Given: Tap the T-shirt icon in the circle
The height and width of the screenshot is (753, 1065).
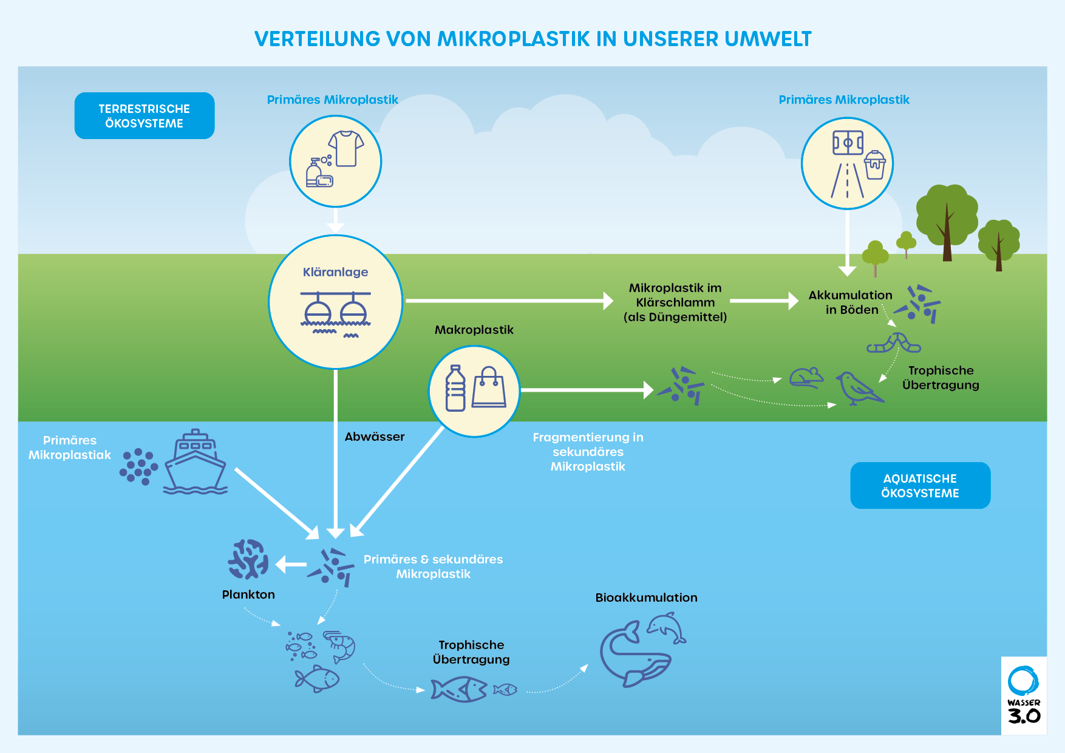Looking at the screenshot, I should coord(345,148).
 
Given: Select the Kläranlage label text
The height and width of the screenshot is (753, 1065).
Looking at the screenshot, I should coord(335,272).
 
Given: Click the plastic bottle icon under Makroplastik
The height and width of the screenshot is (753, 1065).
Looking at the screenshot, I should coord(455,389).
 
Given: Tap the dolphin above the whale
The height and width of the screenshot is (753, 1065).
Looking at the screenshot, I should coord(667,627).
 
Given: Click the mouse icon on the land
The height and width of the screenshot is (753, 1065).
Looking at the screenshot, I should coord(806,378).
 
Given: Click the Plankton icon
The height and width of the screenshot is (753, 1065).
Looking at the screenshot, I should coord(248,559).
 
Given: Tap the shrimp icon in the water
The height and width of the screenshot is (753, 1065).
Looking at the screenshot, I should coord(340,646).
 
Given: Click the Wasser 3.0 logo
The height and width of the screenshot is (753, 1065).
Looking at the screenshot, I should coord(1024,695).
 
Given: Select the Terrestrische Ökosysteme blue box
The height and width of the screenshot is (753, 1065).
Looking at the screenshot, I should coord(145,116).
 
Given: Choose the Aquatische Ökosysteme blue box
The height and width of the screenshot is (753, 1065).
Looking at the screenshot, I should coord(920,486).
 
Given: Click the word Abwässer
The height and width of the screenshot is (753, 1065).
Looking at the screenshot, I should coord(375,437).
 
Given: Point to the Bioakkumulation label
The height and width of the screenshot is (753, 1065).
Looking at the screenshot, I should coord(646,598).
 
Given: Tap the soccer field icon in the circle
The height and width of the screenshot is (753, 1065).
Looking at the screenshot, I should coord(848,143).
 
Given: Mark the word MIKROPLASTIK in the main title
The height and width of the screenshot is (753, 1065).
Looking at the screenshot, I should coord(514,39).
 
